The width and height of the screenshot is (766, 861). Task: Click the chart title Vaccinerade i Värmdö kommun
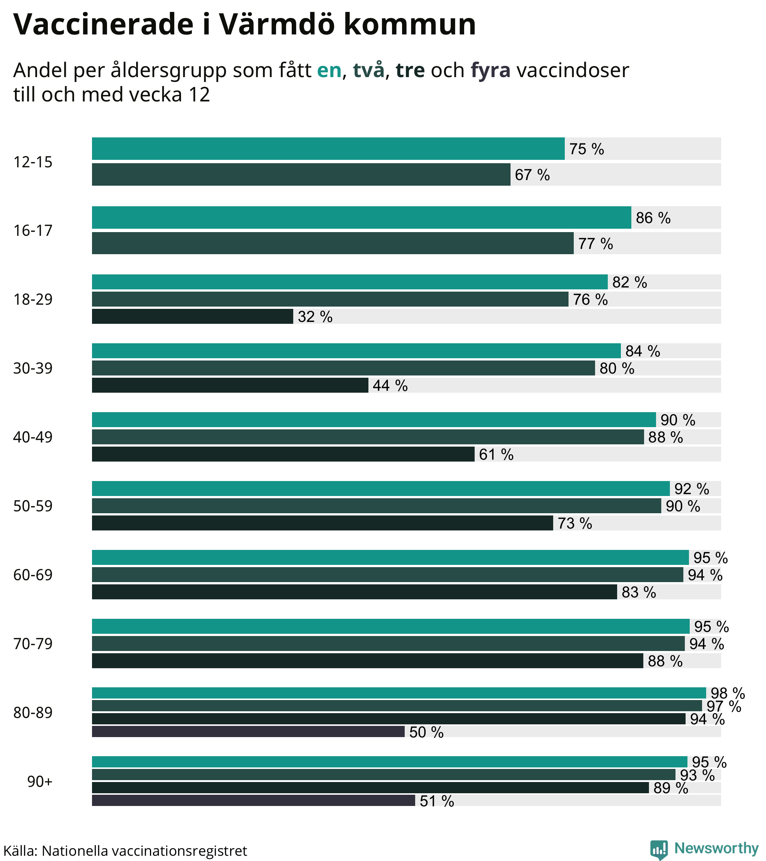tap(245, 24)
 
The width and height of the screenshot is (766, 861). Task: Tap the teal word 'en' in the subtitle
tap(329, 70)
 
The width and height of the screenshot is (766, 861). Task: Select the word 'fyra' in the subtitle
tap(490, 70)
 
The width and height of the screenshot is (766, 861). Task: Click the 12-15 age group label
tap(33, 162)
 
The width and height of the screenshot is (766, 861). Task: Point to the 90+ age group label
tap(40, 782)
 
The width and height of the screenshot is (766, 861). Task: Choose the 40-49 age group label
tap(33, 437)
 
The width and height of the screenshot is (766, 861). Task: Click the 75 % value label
tap(586, 149)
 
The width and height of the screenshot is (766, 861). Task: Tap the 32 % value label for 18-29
tap(315, 317)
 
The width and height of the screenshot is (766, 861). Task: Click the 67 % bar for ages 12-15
tap(301, 174)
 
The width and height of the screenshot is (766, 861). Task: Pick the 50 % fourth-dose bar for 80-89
tap(248, 732)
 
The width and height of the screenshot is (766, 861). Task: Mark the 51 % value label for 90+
tap(436, 801)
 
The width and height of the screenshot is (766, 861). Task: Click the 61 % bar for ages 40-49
tap(283, 454)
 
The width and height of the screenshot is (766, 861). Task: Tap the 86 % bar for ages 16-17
tap(361, 218)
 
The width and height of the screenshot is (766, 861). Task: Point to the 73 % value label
tap(574, 523)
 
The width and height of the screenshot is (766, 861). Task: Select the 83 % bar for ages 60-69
tap(354, 592)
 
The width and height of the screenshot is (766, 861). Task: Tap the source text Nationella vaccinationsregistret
tap(144, 851)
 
